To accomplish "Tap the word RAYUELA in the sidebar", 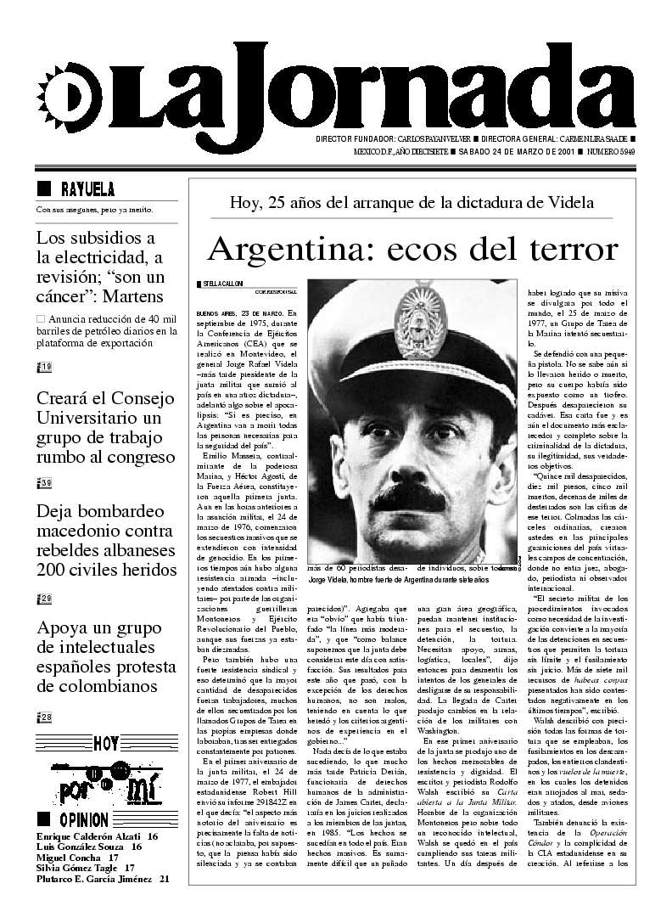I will [x=87, y=189].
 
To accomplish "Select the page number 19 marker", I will [x=45, y=367].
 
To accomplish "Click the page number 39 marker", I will [x=45, y=483].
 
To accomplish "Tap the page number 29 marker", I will [x=45, y=599].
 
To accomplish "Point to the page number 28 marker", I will [x=45, y=717].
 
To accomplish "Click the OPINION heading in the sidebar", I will [x=83, y=820].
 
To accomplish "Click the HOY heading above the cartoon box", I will [x=106, y=745].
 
